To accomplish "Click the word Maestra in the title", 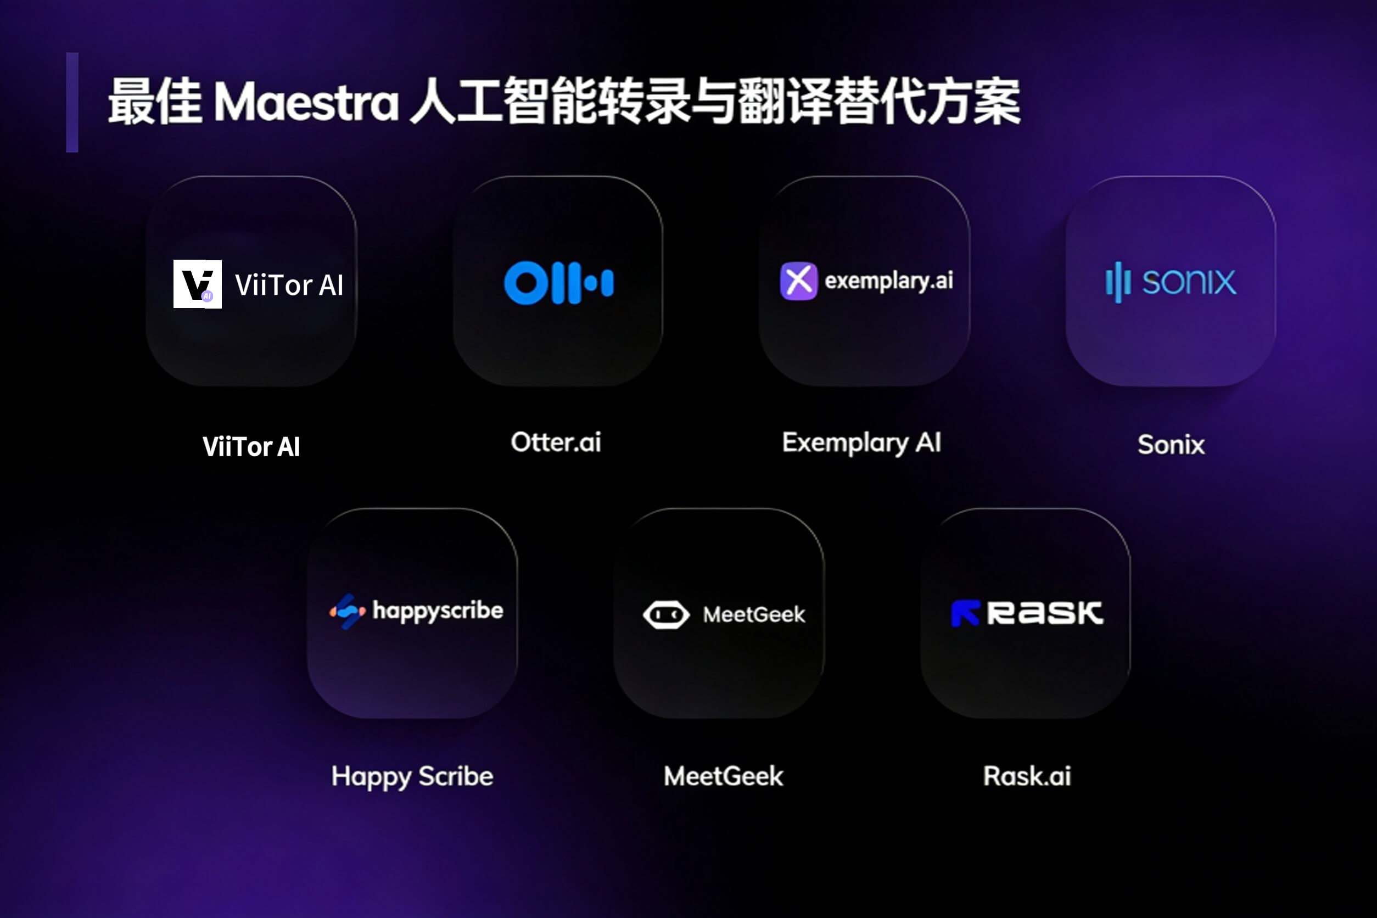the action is [306, 102].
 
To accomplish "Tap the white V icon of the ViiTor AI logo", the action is [197, 284].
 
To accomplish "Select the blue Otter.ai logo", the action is [558, 283].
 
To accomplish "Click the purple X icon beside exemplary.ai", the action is [798, 281].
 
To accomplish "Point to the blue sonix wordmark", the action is [1189, 282].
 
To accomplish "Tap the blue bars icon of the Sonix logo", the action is [1118, 282].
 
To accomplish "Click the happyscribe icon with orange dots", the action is [347, 611].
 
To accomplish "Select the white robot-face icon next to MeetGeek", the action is [666, 615].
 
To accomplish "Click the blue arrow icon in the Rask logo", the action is [965, 613].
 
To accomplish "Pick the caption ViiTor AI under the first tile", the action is [251, 447].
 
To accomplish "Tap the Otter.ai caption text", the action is [556, 442].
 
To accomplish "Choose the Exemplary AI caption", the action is [862, 443].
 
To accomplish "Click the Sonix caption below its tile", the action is [1171, 444].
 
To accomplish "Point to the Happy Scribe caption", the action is [412, 777].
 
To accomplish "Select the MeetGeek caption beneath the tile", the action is [723, 776].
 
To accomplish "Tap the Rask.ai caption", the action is [1027, 776].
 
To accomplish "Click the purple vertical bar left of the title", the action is [72, 103].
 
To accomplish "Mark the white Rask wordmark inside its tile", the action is [1045, 613].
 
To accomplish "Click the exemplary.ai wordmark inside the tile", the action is [889, 281].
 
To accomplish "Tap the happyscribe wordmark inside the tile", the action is [438, 611].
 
